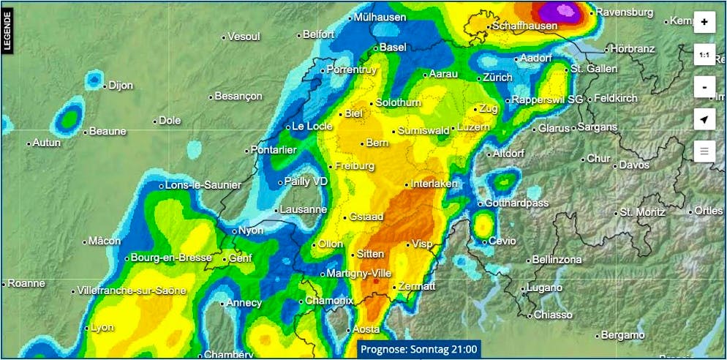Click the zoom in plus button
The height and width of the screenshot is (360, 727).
[704, 22]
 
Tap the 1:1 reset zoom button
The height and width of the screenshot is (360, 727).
[704, 55]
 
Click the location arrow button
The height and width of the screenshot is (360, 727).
[704, 119]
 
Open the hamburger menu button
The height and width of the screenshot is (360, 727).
[704, 151]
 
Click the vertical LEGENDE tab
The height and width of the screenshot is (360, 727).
[7, 31]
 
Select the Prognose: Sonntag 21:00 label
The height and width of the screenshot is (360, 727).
[419, 349]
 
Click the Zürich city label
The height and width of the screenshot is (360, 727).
[497, 78]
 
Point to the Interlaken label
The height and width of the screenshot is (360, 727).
[434, 184]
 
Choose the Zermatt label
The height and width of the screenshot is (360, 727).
[418, 286]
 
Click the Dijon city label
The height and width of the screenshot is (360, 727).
[121, 85]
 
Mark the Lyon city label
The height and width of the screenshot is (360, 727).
[102, 327]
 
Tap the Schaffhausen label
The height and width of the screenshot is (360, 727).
[524, 26]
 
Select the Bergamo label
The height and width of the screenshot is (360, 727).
[622, 335]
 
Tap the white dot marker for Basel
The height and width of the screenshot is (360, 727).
[376, 48]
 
